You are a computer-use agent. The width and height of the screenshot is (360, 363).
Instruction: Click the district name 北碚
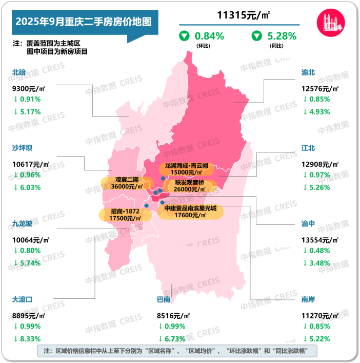(19, 72)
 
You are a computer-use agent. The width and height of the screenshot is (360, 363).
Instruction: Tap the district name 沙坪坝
(22, 148)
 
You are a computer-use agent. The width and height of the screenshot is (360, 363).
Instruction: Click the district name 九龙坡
(22, 224)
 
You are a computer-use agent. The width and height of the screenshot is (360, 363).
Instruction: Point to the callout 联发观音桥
(190, 185)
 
